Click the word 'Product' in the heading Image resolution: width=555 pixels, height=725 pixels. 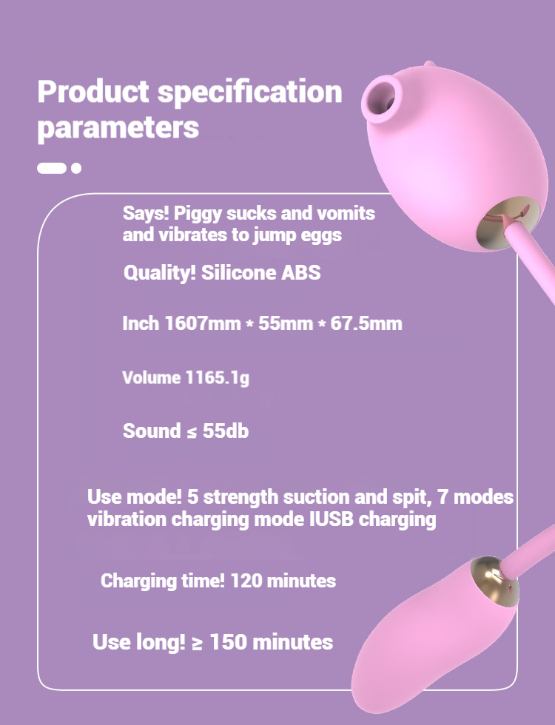pos(93,92)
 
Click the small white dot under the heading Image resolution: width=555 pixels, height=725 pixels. pos(76,169)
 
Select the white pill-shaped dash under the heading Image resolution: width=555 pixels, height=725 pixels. pos(52,169)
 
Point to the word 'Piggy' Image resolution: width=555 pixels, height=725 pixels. pos(197,214)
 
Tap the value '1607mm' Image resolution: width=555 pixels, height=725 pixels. pos(203,323)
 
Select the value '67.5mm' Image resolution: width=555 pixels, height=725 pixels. pos(366,323)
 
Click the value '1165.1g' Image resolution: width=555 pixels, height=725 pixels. pos(218,378)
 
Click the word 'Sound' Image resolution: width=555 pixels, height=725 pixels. pos(152,431)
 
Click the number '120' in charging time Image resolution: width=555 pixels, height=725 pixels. pos(246,581)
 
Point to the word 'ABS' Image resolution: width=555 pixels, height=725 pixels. pos(301,273)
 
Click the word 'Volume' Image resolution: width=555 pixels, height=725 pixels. pos(152,378)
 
